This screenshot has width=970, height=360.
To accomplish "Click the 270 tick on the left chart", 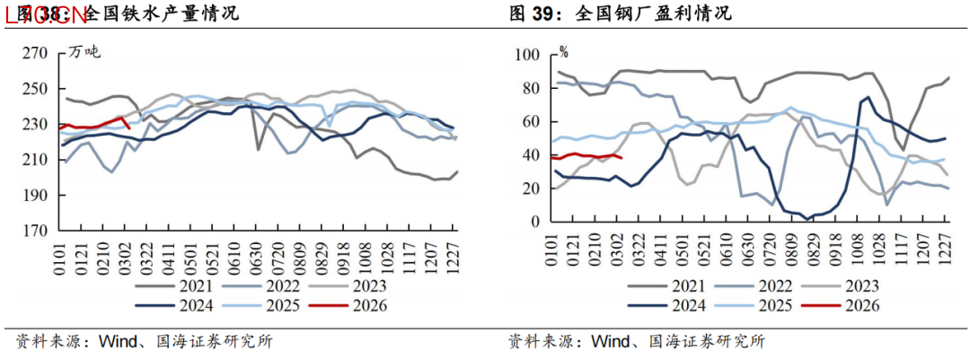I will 35,53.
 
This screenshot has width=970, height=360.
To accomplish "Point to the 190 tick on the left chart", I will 35,195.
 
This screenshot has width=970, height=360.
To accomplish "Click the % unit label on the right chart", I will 563,52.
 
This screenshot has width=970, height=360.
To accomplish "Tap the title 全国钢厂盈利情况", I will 652,13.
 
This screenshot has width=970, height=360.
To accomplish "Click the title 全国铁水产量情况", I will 162,13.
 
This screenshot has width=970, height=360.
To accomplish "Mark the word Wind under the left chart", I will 116,342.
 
